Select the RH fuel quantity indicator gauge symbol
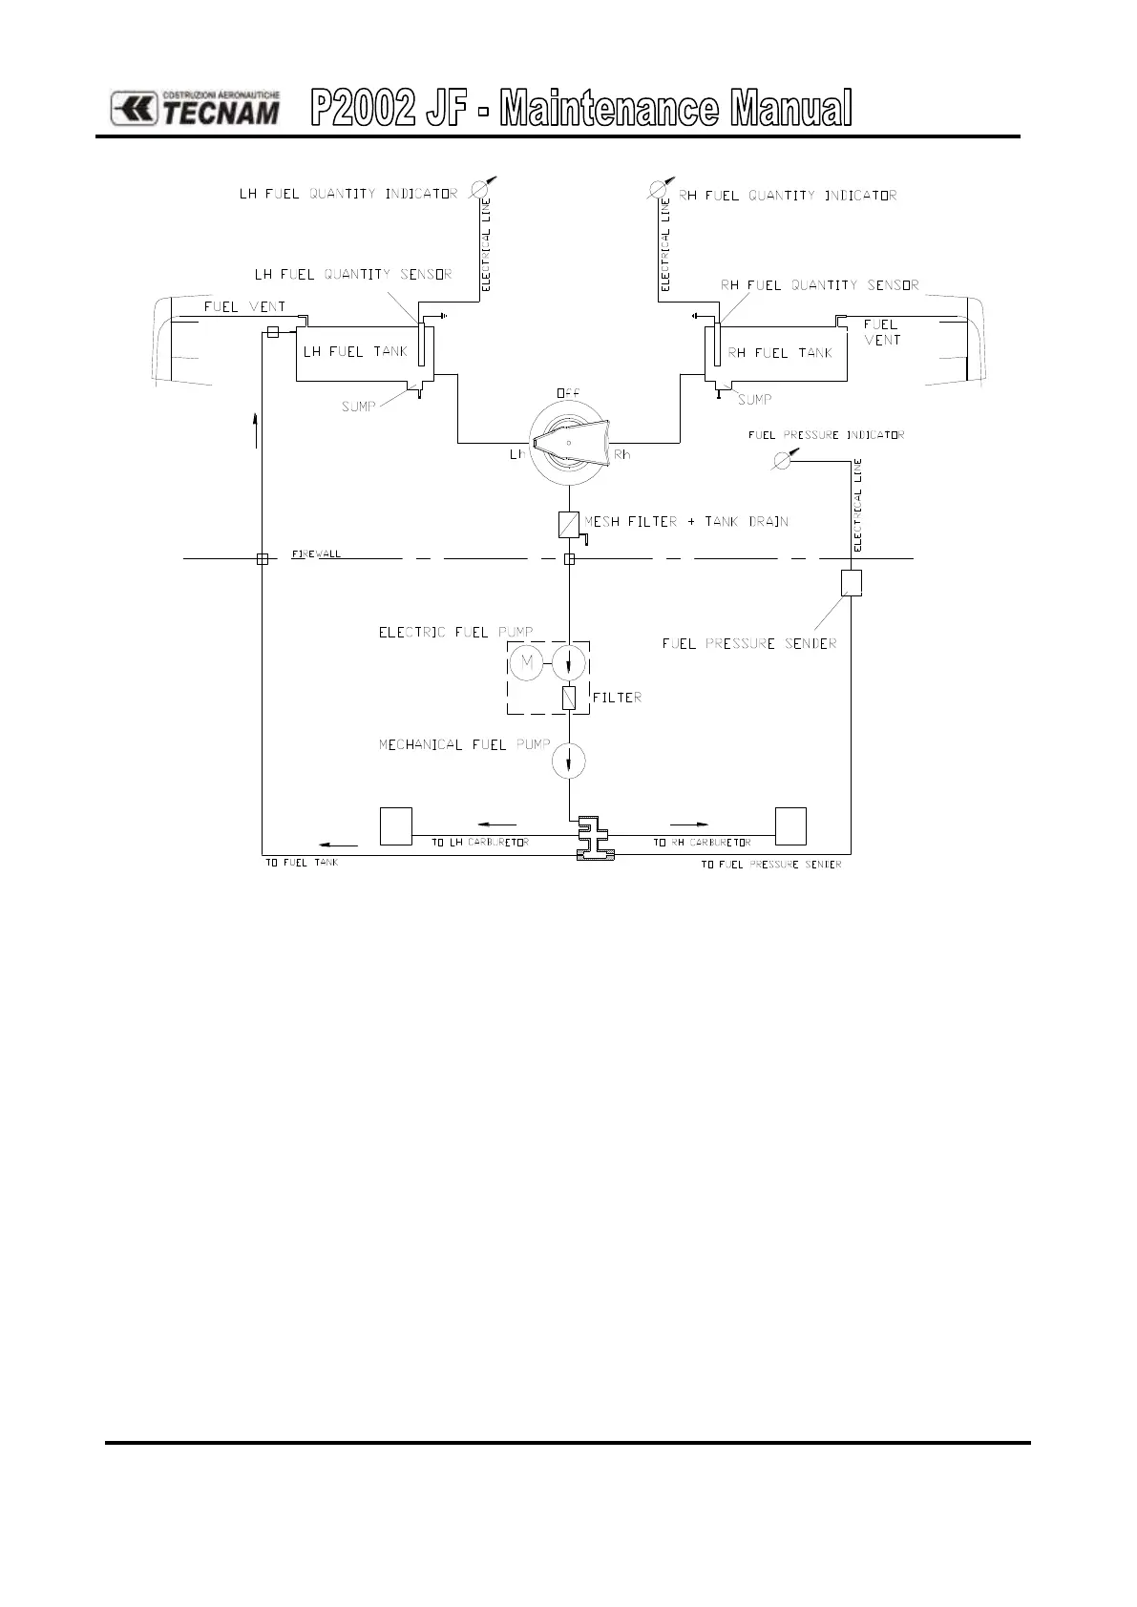click(658, 189)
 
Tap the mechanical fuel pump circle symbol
click(569, 762)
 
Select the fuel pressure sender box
click(852, 583)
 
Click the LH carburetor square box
click(396, 826)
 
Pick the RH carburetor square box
click(790, 826)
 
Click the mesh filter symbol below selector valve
click(569, 524)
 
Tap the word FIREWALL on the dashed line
click(315, 554)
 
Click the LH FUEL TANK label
click(355, 352)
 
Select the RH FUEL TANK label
click(780, 353)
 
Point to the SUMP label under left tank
click(359, 407)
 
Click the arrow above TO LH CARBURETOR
click(496, 823)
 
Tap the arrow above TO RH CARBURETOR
click(689, 823)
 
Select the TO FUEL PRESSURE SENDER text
click(771, 865)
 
